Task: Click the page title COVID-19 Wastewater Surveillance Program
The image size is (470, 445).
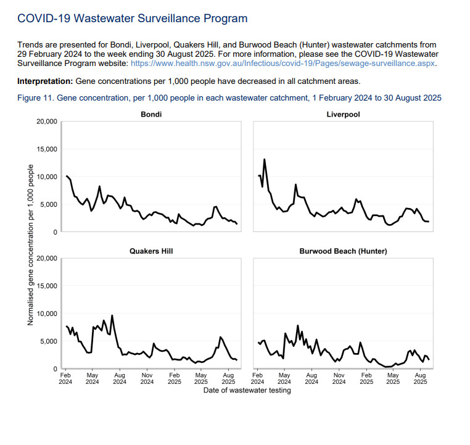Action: [132, 19]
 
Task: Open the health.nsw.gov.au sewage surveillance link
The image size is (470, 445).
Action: [283, 64]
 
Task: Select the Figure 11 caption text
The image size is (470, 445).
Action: [229, 98]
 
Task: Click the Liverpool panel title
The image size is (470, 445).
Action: [344, 114]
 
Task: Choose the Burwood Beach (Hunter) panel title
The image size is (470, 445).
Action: [344, 251]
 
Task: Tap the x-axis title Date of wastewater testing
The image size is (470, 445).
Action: [247, 390]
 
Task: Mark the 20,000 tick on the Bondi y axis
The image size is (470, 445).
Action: [47, 122]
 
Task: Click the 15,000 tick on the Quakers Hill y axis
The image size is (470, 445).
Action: [47, 286]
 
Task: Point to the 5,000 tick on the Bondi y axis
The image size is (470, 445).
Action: [49, 204]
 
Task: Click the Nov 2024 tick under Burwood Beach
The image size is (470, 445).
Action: [339, 378]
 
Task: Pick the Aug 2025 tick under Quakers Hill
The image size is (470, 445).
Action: [228, 378]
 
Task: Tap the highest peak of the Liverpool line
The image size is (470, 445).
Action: [265, 159]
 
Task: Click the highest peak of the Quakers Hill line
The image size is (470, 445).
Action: [112, 315]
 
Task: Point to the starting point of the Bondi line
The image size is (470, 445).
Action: [66, 176]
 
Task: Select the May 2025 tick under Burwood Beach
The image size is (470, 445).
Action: [393, 378]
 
